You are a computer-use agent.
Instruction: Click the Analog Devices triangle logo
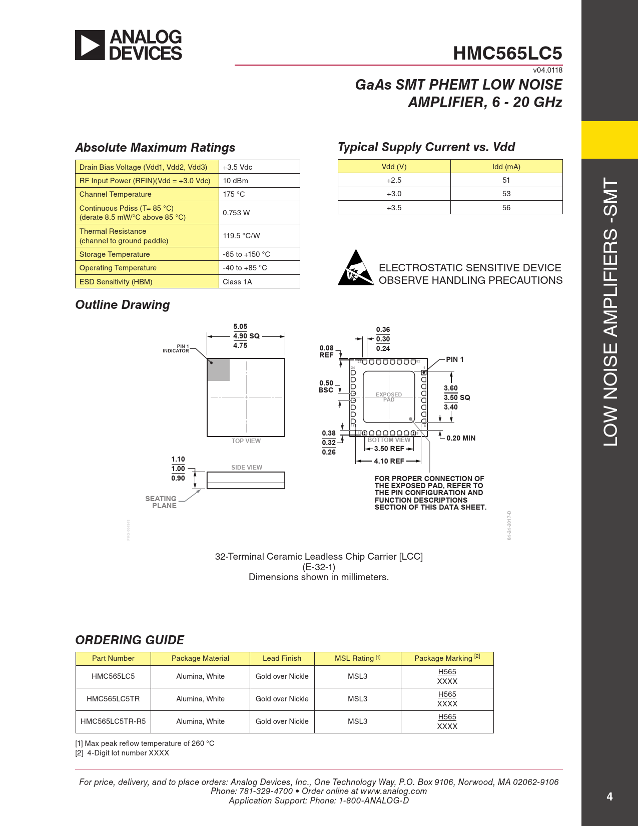(x=90, y=45)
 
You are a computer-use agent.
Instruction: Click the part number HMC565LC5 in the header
(x=507, y=53)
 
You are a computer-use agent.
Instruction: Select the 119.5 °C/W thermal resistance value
(x=241, y=236)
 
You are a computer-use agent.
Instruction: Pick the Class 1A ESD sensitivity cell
(x=237, y=282)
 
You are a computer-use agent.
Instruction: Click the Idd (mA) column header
(x=506, y=167)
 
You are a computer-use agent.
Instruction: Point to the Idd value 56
(x=506, y=208)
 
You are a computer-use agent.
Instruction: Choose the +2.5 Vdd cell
(x=394, y=180)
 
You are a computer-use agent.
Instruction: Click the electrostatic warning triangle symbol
(x=355, y=268)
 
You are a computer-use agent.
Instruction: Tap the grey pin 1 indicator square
(x=219, y=369)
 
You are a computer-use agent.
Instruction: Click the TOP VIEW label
(x=246, y=441)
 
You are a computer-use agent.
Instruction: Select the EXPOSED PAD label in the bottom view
(x=389, y=397)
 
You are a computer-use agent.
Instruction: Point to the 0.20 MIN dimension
(x=460, y=438)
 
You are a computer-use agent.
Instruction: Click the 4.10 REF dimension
(x=389, y=461)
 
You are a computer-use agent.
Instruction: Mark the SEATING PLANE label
(x=161, y=502)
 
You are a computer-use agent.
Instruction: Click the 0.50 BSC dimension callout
(x=326, y=386)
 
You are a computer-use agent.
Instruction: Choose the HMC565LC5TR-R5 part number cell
(x=113, y=721)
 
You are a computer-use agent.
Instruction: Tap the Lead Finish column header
(x=282, y=658)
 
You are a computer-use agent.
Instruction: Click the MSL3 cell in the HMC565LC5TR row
(x=357, y=699)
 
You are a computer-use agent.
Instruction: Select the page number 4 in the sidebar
(x=609, y=796)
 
